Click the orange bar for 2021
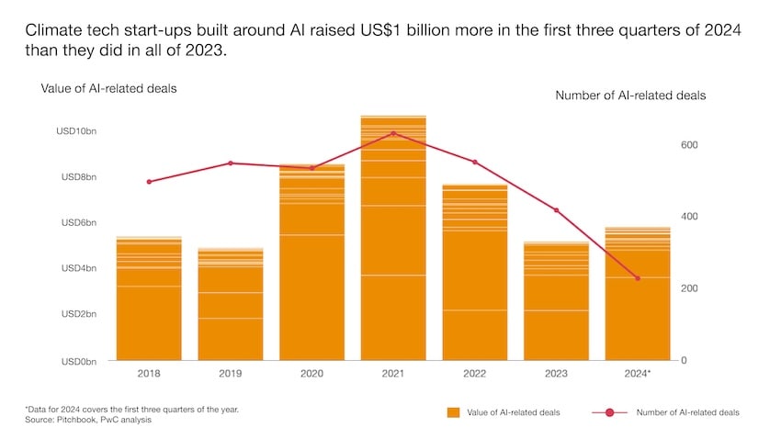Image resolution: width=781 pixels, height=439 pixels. coord(393,239)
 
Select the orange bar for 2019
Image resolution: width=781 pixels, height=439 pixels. coord(231,304)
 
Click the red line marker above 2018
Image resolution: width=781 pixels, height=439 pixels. coord(149,182)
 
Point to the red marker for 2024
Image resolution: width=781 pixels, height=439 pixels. coord(638,278)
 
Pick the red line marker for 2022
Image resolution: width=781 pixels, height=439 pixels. coord(475,162)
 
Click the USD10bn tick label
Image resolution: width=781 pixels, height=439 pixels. coord(76,131)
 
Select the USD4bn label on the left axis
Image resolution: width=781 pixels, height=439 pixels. coord(79,268)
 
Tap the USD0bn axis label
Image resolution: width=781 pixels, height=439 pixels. coord(79,361)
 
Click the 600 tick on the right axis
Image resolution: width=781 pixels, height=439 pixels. coord(689,145)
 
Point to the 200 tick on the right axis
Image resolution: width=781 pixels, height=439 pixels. coord(689,288)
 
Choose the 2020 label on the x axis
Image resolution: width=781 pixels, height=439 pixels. coord(311,374)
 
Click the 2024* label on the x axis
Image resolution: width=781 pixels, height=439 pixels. coord(638,374)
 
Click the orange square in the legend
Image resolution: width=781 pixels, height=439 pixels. coord(453,412)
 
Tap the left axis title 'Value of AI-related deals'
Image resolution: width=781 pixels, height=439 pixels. coord(108,88)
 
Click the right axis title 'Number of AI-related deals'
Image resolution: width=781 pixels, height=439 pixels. coord(630,95)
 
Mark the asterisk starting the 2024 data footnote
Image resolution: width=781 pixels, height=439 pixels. coord(27,408)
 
